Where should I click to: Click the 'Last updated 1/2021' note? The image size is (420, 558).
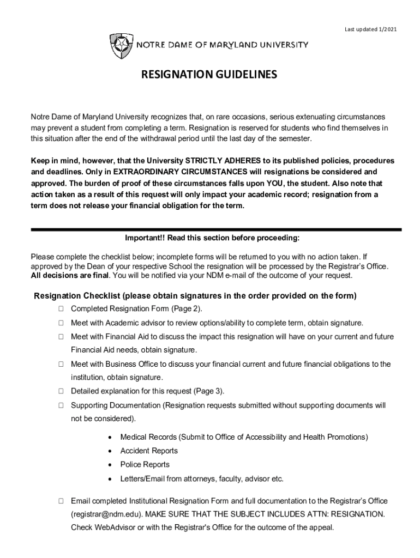click(368, 29)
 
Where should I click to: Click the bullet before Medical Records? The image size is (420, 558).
click(111, 438)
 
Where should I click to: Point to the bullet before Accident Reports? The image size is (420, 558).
click(111, 451)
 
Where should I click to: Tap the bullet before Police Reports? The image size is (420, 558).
click(111, 465)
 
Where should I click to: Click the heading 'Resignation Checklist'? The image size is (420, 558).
click(76, 296)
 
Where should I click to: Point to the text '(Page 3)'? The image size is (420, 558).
click(208, 391)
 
